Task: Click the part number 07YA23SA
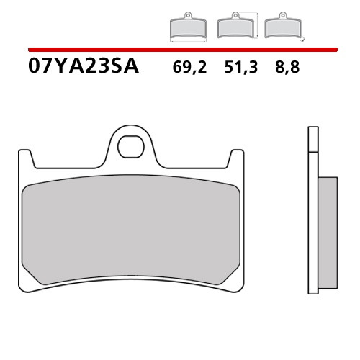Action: (x=83, y=68)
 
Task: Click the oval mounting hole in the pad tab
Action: (x=131, y=144)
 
